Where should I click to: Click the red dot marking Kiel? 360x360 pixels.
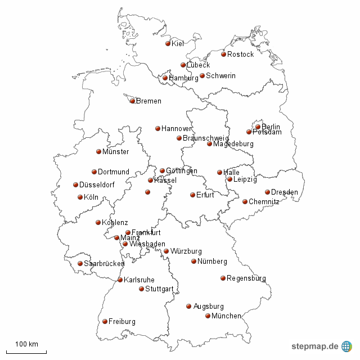168,43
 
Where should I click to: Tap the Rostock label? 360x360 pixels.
240,55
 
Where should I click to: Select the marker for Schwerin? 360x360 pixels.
202,75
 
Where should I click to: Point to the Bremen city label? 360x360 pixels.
148,101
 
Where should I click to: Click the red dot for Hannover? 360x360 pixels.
157,128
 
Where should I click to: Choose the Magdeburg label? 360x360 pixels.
233,144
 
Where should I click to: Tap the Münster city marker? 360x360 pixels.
98,151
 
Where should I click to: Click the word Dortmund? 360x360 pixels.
114,172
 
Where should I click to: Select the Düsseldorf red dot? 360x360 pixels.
75,184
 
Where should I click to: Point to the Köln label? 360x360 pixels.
91,197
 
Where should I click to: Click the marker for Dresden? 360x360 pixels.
267,192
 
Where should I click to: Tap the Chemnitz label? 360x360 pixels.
264,202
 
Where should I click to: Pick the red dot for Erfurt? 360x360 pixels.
192,195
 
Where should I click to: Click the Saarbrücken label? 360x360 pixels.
104,264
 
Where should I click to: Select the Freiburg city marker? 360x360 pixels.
105,321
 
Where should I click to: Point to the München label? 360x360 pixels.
226,316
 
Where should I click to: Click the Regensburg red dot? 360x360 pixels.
223,278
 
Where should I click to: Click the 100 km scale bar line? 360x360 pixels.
26,352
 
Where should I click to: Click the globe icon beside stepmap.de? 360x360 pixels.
346,346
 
